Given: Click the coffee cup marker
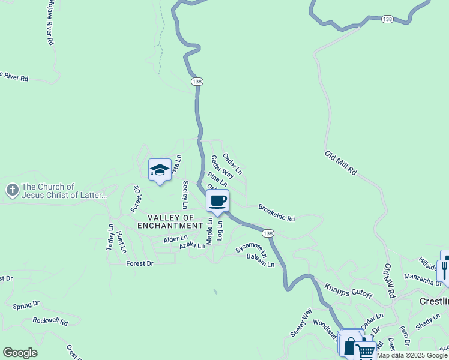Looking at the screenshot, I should (x=217, y=201).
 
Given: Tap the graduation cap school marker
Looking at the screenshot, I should (x=160, y=170).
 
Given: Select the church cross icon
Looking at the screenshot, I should (x=11, y=191).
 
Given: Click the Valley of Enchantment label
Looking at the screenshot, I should (x=170, y=221).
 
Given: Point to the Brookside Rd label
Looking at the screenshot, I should (x=276, y=213).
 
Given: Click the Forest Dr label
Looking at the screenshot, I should (x=140, y=263).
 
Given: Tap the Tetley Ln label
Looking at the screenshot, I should (x=110, y=238).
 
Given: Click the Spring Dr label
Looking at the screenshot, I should (x=26, y=305).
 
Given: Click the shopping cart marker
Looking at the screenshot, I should (x=366, y=350).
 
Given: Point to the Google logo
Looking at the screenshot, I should (x=20, y=353).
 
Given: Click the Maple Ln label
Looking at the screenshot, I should (x=210, y=230).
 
